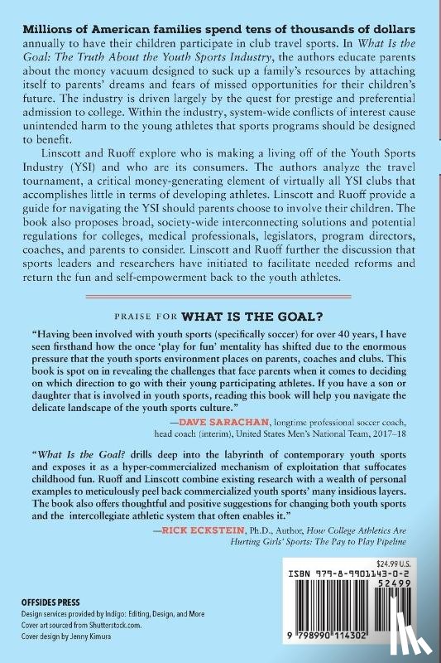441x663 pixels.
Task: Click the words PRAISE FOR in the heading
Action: pos(148,316)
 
